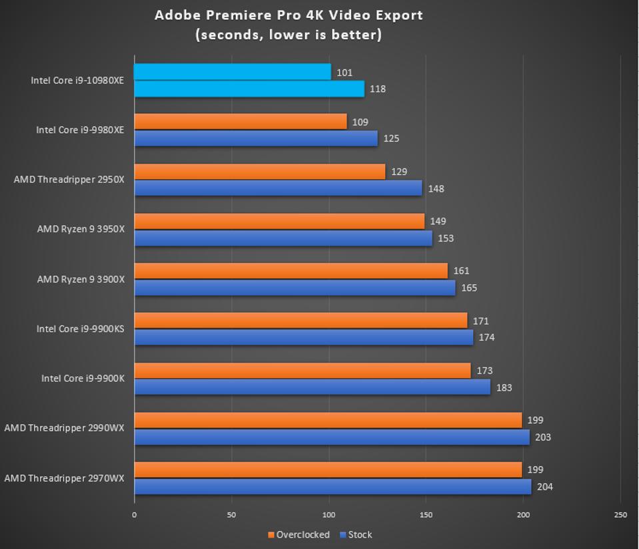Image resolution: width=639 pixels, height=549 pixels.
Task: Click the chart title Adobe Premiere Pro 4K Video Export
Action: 289,15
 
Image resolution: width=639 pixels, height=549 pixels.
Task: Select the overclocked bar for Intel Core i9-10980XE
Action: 233,72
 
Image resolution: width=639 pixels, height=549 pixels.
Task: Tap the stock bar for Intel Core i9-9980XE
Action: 256,138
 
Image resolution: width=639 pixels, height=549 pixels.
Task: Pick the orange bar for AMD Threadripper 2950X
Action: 260,172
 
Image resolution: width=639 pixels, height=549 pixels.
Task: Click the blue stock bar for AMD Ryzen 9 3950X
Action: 283,238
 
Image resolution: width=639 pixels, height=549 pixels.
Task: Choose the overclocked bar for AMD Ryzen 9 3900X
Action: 291,271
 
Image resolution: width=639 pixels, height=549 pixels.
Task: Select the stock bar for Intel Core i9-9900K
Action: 312,387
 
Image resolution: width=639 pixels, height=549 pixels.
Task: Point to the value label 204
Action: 544,486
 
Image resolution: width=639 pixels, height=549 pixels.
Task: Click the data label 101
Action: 344,73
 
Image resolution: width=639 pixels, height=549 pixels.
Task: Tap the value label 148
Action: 436,188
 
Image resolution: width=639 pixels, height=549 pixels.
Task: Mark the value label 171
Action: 480,321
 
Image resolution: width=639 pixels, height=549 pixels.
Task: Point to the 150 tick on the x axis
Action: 426,514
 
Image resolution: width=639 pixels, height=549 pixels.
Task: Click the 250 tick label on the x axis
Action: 620,514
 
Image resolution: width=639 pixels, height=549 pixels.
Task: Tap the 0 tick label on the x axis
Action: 135,514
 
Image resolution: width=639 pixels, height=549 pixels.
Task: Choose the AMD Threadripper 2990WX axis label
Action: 64,427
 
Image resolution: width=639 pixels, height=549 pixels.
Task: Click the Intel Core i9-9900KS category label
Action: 80,328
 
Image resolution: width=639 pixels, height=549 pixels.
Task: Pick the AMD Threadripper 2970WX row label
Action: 64,478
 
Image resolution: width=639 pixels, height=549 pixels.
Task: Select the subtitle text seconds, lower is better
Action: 289,35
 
